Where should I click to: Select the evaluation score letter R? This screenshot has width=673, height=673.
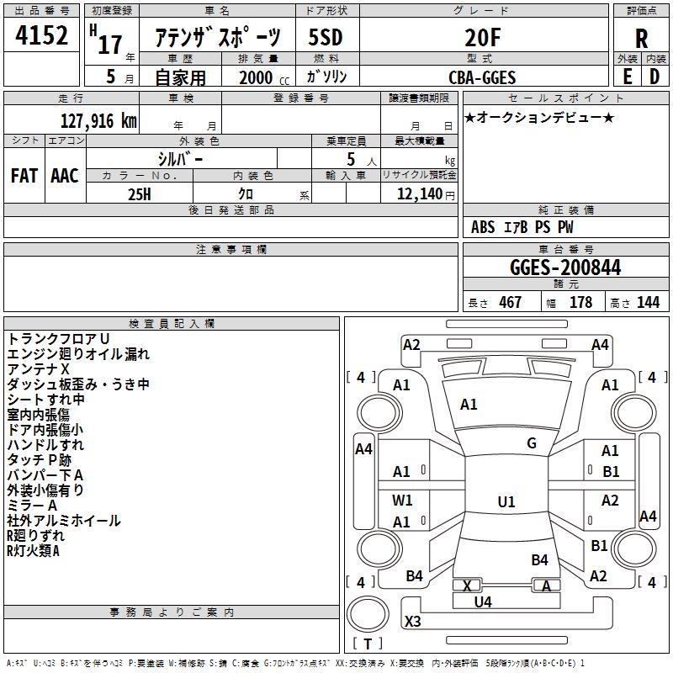(641, 39)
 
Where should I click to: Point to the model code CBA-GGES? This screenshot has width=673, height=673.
(482, 77)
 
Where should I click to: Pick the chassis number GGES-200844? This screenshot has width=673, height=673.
(565, 268)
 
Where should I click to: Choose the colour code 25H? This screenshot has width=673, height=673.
(139, 193)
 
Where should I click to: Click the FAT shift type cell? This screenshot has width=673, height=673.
(24, 176)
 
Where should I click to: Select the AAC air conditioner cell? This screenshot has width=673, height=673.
(65, 176)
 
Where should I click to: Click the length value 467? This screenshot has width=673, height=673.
(510, 303)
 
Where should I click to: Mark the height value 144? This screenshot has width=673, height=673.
(648, 303)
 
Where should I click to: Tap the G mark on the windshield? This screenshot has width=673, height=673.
(532, 443)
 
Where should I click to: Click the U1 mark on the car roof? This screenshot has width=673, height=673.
(506, 502)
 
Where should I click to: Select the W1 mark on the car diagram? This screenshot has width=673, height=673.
(403, 501)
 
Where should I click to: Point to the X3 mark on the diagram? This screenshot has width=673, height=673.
(413, 622)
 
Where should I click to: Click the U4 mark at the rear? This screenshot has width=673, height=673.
(483, 601)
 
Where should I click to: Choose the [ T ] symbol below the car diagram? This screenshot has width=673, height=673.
(368, 644)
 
